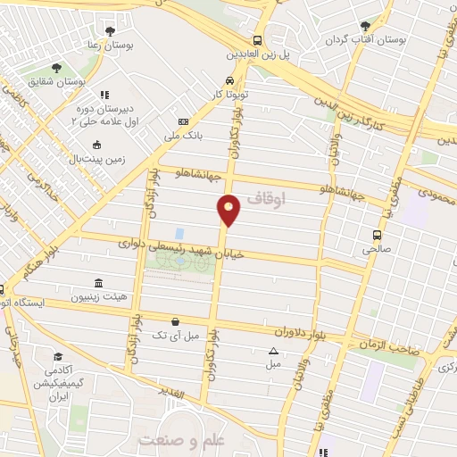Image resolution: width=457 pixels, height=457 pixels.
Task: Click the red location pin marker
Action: point(229,209)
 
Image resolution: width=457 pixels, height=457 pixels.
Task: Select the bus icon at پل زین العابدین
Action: point(258,40)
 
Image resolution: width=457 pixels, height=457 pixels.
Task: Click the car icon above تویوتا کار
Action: point(231,79)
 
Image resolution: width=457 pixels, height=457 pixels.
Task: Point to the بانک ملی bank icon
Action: point(184,121)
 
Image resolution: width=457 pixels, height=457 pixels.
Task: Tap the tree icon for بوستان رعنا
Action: point(110,31)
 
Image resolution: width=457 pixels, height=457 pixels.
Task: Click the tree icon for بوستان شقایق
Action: point(56,68)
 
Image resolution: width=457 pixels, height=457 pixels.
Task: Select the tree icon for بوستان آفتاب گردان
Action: point(363,27)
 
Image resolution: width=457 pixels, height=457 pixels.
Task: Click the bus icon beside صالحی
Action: point(378,236)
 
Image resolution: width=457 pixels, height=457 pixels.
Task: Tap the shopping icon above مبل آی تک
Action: point(175,320)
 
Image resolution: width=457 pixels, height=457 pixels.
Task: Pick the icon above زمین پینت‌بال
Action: point(97,145)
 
